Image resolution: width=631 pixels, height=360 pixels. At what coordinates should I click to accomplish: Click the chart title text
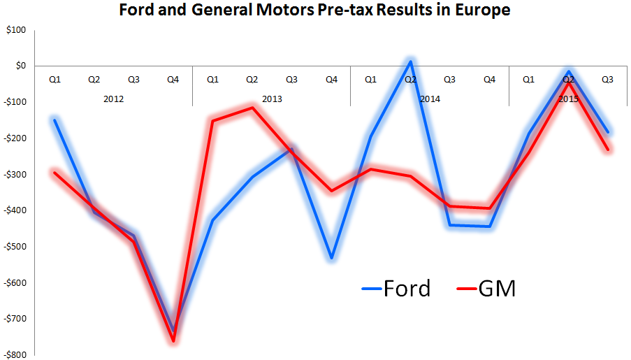point(314,10)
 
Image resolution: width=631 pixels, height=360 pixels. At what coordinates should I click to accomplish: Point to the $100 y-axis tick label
point(15,30)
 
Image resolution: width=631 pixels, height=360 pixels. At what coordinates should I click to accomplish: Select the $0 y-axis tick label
point(19,66)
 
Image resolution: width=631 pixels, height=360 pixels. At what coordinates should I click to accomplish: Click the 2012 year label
point(113,99)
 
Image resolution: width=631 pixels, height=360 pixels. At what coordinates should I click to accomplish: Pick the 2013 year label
point(272,99)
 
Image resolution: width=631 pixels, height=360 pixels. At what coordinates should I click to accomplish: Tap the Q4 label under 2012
point(173,80)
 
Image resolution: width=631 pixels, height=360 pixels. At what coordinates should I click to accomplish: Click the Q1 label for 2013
point(212,80)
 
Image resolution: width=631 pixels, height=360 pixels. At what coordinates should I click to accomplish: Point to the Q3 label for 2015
point(608,80)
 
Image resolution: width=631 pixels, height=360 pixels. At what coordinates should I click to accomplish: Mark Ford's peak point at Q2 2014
point(410,62)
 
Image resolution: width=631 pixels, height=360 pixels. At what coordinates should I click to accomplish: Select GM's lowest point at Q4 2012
point(173,341)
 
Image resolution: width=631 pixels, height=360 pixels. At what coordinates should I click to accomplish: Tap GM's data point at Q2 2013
point(252,108)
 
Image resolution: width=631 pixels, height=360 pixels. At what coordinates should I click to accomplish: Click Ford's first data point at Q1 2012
point(55,120)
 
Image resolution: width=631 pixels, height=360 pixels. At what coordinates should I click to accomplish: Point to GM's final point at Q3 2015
point(608,150)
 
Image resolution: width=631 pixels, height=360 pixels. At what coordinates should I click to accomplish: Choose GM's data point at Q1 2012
point(55,173)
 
